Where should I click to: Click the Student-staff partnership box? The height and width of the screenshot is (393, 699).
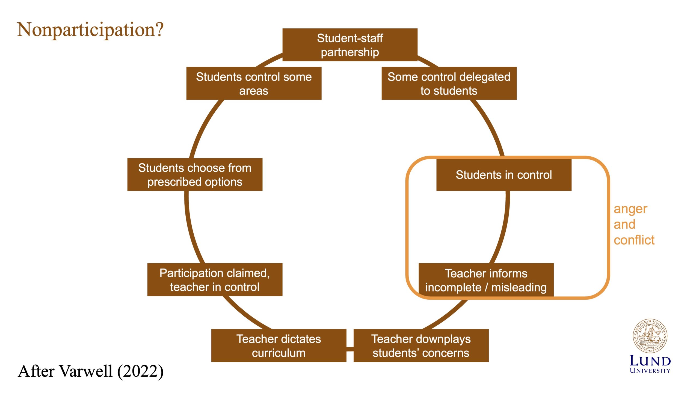pos(350,45)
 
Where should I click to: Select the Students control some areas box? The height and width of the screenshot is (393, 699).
pos(254,84)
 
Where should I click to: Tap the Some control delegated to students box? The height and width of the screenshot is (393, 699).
pos(449,84)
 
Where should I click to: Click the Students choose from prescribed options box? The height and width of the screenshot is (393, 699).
pos(195,175)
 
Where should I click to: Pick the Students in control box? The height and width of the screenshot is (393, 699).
pos(504,175)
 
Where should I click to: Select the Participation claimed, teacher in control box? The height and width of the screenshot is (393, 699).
pos(215,280)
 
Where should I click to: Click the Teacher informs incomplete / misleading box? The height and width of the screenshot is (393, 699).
pos(486,280)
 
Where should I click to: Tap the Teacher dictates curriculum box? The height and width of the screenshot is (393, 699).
pos(279,346)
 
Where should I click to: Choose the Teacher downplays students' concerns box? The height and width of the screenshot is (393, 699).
pos(421,346)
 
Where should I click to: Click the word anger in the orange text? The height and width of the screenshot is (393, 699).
pos(630,210)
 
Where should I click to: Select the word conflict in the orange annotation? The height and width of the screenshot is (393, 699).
pos(634,240)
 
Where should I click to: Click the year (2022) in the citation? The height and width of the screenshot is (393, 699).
pos(140,371)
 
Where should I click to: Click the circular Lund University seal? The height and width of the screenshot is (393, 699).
pos(650,336)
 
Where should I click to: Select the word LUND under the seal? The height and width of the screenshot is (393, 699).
pos(650,361)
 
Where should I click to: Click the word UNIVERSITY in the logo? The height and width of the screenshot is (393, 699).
pos(650,371)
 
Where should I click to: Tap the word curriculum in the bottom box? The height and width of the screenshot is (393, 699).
pos(279,353)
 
